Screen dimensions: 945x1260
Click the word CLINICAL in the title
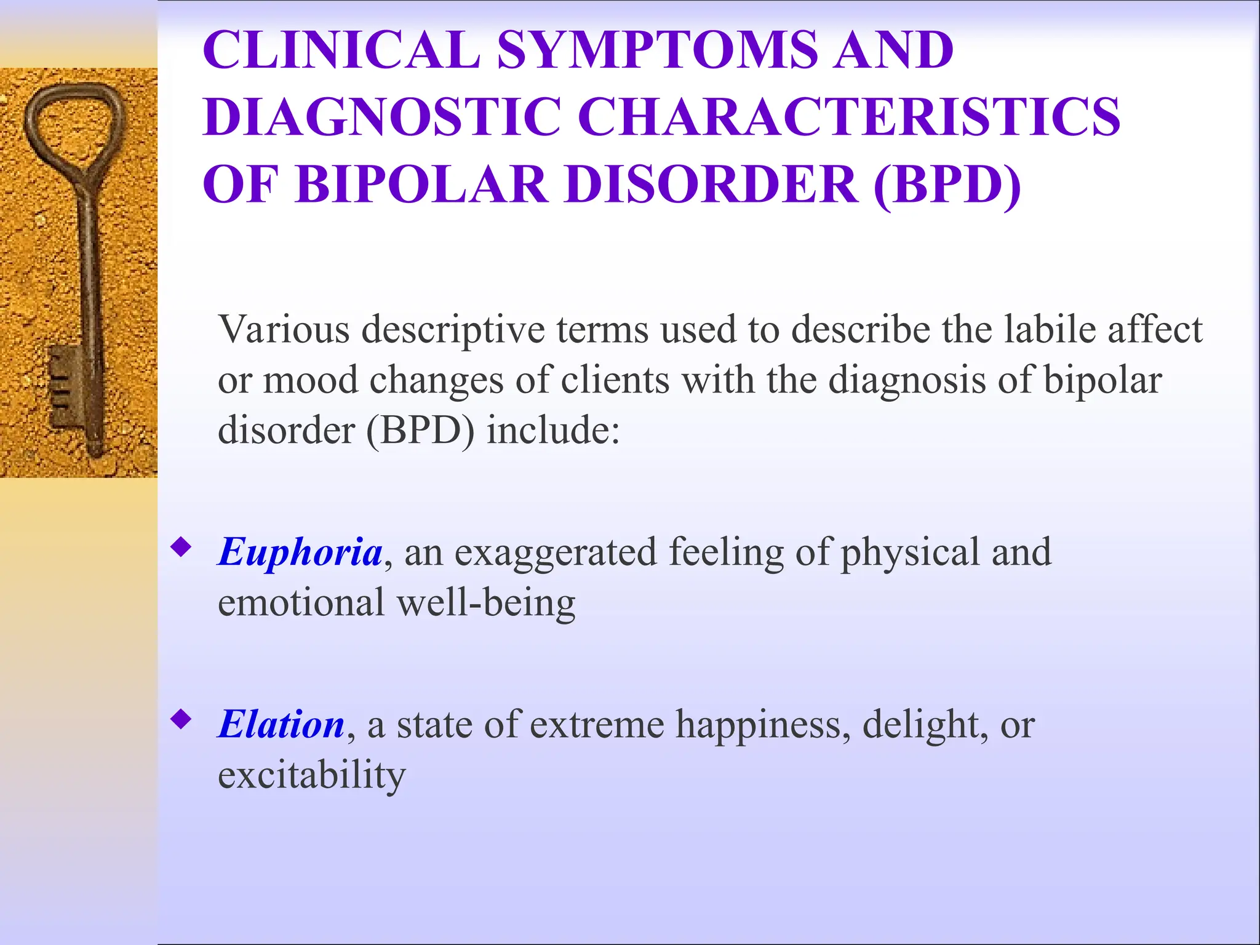[x=341, y=50]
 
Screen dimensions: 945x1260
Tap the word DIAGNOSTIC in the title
[x=381, y=116]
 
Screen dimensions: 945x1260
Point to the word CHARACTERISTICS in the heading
[x=849, y=116]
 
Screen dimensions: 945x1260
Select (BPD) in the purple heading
[x=947, y=184]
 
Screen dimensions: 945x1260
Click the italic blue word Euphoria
[x=301, y=552]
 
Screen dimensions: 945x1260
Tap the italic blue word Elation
[x=282, y=724]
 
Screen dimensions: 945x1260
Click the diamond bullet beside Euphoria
[x=181, y=546]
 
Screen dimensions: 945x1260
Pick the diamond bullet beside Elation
[x=181, y=718]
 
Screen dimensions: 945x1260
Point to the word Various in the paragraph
[x=284, y=330]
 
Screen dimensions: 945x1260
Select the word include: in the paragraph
[x=553, y=430]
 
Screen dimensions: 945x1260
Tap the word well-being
[x=486, y=602]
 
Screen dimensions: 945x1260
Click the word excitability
[x=312, y=775]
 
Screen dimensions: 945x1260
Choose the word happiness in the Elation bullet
[x=763, y=725]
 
